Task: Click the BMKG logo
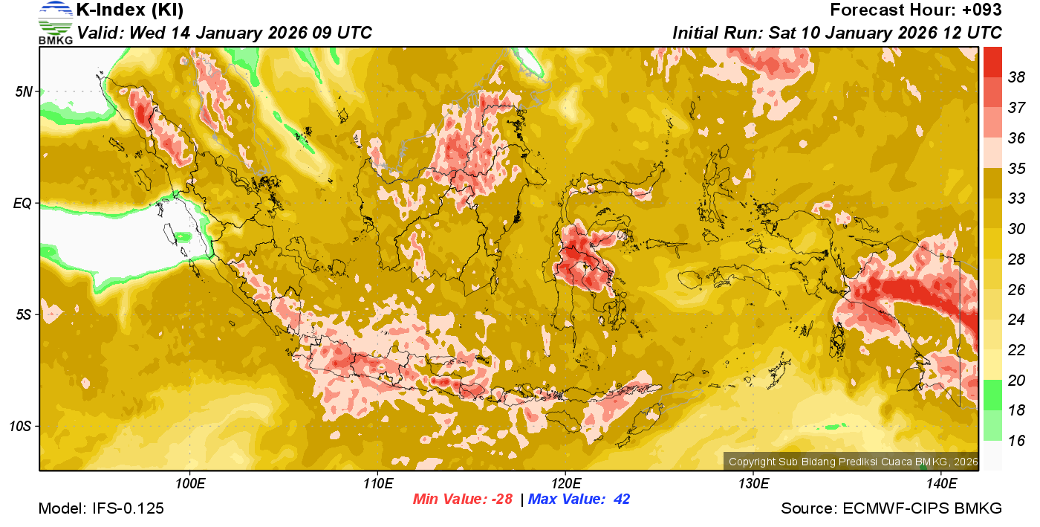pyautogui.click(x=56, y=23)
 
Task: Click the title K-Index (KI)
pyautogui.click(x=130, y=10)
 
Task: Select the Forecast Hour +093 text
pyautogui.click(x=916, y=10)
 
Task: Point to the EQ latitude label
pyautogui.click(x=24, y=203)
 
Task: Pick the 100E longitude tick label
pyautogui.click(x=190, y=485)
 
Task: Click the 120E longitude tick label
pyautogui.click(x=565, y=485)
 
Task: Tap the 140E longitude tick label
pyautogui.click(x=941, y=485)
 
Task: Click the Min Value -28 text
pyautogui.click(x=463, y=499)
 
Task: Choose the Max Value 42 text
pyautogui.click(x=579, y=499)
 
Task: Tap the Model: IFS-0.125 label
pyautogui.click(x=101, y=509)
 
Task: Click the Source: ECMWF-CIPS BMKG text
pyautogui.click(x=891, y=509)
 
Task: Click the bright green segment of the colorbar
pyautogui.click(x=993, y=394)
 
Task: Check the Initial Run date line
pyautogui.click(x=837, y=33)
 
